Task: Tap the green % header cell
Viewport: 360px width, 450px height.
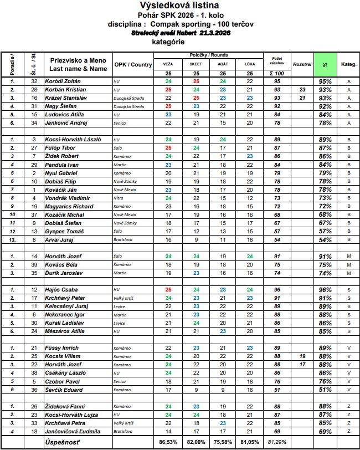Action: coord(325,64)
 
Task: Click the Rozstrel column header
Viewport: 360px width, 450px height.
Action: coord(302,64)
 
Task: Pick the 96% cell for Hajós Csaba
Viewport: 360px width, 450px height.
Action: coord(325,289)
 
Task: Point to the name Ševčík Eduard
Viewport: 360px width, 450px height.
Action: coord(61,390)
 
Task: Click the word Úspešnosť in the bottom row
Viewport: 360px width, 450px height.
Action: coord(62,442)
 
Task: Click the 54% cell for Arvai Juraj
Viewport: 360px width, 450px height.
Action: coord(325,239)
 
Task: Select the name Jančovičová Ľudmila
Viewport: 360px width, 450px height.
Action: coord(71,431)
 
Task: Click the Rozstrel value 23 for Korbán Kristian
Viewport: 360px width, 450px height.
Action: coord(302,89)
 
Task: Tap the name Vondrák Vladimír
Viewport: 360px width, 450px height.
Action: coord(65,198)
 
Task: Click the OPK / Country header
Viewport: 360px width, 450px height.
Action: coord(133,64)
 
